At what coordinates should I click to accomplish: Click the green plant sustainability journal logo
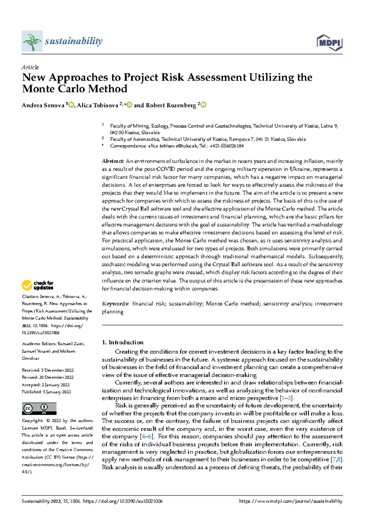coord(32,41)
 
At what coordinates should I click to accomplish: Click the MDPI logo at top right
coord(329,43)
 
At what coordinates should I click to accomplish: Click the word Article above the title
coord(30,67)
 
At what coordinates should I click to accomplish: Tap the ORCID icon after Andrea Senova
coord(71,105)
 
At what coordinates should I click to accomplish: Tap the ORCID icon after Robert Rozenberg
coord(203,105)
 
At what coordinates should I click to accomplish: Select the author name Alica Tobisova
coord(97,105)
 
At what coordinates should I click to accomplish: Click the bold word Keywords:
coord(115,304)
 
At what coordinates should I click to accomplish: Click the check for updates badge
coord(37,285)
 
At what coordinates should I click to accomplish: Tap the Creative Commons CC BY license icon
coord(39,409)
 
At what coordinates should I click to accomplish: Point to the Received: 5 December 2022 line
coord(48,370)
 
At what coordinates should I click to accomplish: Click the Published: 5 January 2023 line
coord(46,392)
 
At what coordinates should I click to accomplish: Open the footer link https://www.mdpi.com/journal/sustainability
coord(290,501)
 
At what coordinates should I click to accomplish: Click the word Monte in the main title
coord(37,89)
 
